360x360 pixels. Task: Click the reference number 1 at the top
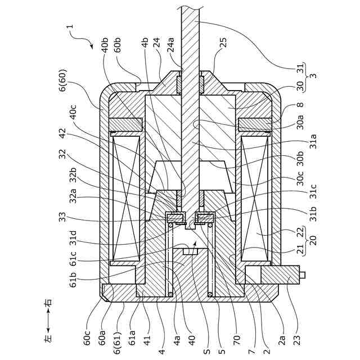coord(70,26)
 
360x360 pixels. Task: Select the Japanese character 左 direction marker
coord(47,339)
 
